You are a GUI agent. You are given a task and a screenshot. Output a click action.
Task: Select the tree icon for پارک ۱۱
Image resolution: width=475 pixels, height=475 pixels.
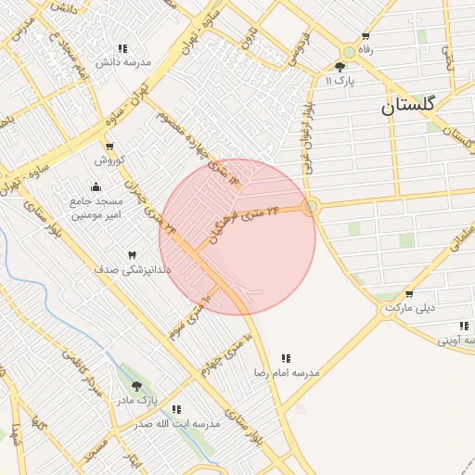[x=340, y=67]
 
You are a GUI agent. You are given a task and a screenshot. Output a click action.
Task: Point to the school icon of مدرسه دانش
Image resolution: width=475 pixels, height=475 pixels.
[x=122, y=48]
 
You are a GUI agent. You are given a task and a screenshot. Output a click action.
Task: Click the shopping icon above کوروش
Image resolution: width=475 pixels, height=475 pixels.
[x=110, y=147]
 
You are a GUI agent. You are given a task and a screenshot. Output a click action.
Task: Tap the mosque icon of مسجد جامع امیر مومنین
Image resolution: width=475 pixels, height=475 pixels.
[x=96, y=187]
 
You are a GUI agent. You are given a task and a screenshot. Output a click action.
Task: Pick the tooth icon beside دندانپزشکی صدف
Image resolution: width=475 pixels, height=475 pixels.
[x=131, y=255]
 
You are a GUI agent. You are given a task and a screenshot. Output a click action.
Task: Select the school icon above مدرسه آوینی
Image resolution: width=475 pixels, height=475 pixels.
[x=463, y=326]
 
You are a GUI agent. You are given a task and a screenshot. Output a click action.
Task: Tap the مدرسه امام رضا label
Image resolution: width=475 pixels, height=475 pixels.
[x=287, y=372]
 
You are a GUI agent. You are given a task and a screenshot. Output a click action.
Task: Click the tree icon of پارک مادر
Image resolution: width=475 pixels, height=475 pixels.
[x=137, y=387]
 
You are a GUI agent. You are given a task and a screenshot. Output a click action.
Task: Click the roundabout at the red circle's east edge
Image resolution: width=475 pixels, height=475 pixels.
[x=312, y=206]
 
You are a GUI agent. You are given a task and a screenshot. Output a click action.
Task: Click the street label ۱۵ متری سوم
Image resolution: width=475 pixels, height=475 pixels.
[x=190, y=315]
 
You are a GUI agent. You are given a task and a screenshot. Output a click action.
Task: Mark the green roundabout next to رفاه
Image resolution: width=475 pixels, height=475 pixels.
[x=349, y=52]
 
